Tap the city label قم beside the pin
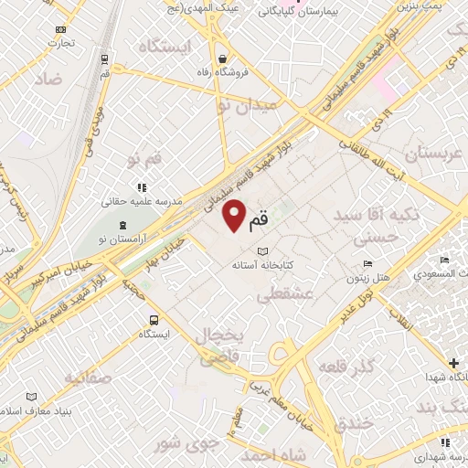point(260,218)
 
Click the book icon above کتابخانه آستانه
point(263,250)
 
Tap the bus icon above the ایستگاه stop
point(153,321)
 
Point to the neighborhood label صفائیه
point(88,375)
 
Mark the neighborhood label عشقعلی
point(286,295)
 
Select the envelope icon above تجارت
point(60,29)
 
